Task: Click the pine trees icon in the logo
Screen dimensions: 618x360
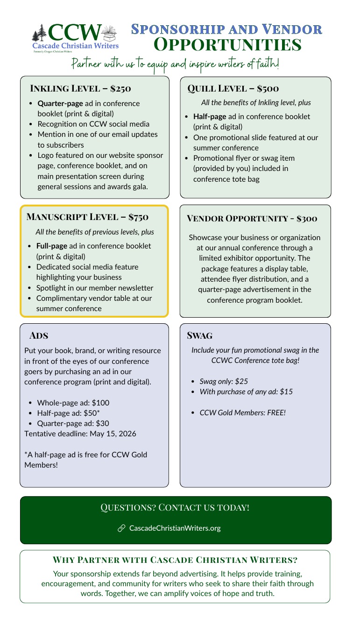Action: coord(40,34)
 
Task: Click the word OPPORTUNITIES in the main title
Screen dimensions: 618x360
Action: coord(227,45)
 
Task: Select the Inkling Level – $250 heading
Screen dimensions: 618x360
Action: coord(80,88)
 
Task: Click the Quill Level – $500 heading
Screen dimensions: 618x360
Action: coord(233,88)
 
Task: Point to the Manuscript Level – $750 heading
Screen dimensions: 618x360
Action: coord(87,217)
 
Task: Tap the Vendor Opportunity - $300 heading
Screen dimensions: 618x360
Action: coord(252,218)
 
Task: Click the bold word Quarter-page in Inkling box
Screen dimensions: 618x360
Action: coord(60,103)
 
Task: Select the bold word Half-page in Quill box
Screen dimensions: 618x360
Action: coord(210,116)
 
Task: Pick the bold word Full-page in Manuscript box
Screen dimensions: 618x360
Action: coord(52,246)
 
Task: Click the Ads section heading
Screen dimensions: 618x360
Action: coord(39,335)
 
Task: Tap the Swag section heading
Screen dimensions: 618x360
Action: coord(199,335)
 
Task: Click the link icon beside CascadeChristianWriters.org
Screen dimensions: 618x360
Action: coord(121,528)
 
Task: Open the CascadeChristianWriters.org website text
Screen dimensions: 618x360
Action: coord(175,528)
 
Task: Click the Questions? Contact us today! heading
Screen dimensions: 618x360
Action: coord(175,507)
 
